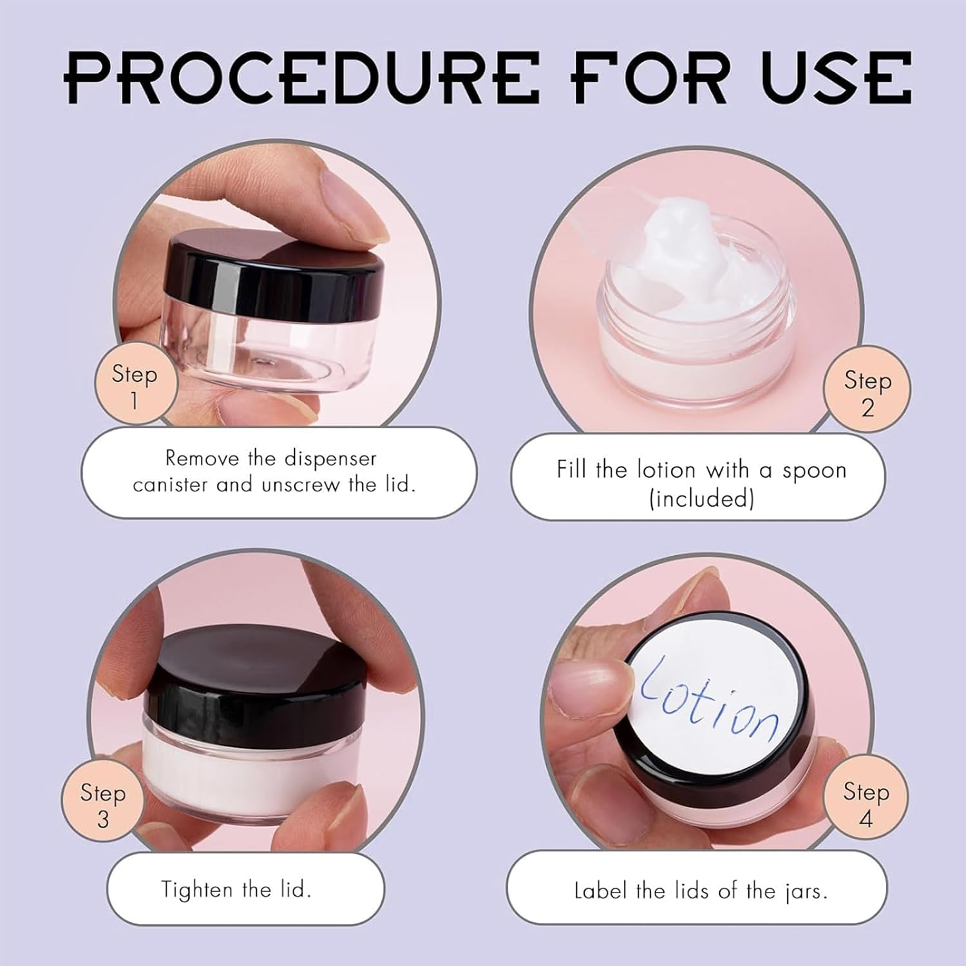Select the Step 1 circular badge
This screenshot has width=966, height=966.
point(135,385)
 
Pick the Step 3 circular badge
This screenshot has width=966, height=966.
point(102,804)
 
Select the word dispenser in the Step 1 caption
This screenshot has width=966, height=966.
point(330,458)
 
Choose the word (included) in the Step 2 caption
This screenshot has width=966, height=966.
point(701,498)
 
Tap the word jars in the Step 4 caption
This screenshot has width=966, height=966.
point(805,891)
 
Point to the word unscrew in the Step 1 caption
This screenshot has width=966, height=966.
point(300,484)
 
